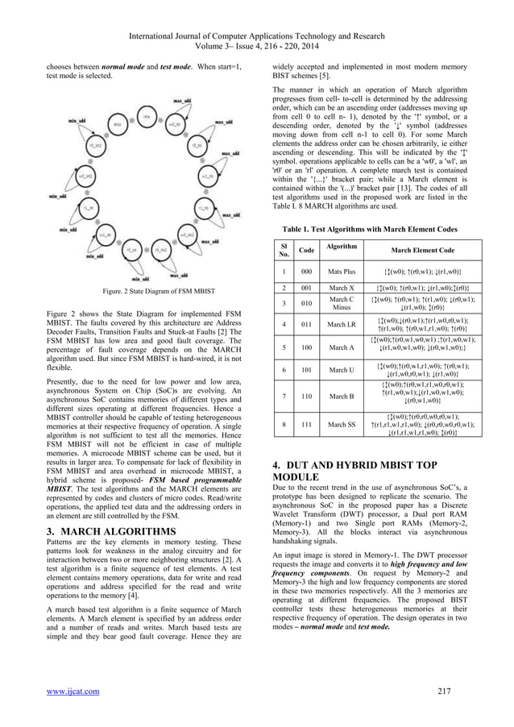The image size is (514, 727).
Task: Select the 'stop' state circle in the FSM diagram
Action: (117, 125)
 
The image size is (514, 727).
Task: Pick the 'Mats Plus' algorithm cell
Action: (342, 272)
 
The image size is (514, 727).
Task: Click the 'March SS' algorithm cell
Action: (342, 424)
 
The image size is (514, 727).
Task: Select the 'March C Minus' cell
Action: (342, 304)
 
